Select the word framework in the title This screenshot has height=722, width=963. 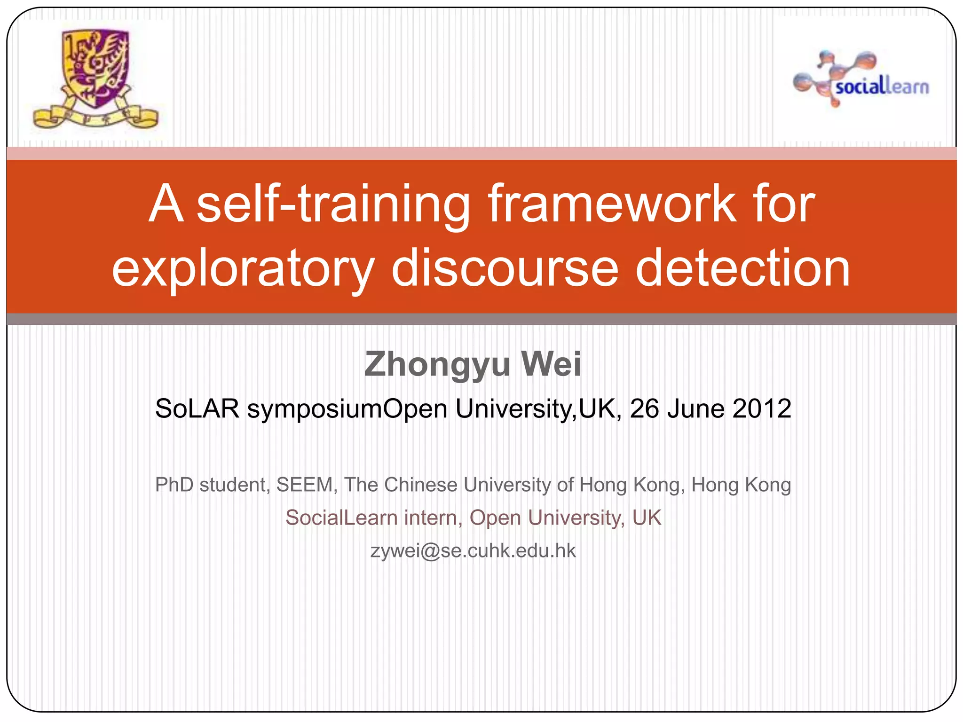611,204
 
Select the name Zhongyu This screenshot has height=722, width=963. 437,364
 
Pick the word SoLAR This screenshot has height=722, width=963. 197,408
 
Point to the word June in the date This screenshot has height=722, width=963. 696,408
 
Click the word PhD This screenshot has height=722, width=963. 174,485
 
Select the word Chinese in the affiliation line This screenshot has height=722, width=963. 420,485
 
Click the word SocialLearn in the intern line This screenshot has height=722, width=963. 341,518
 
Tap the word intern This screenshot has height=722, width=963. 433,518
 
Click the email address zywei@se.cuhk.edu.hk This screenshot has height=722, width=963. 473,551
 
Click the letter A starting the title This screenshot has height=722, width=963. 166,204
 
